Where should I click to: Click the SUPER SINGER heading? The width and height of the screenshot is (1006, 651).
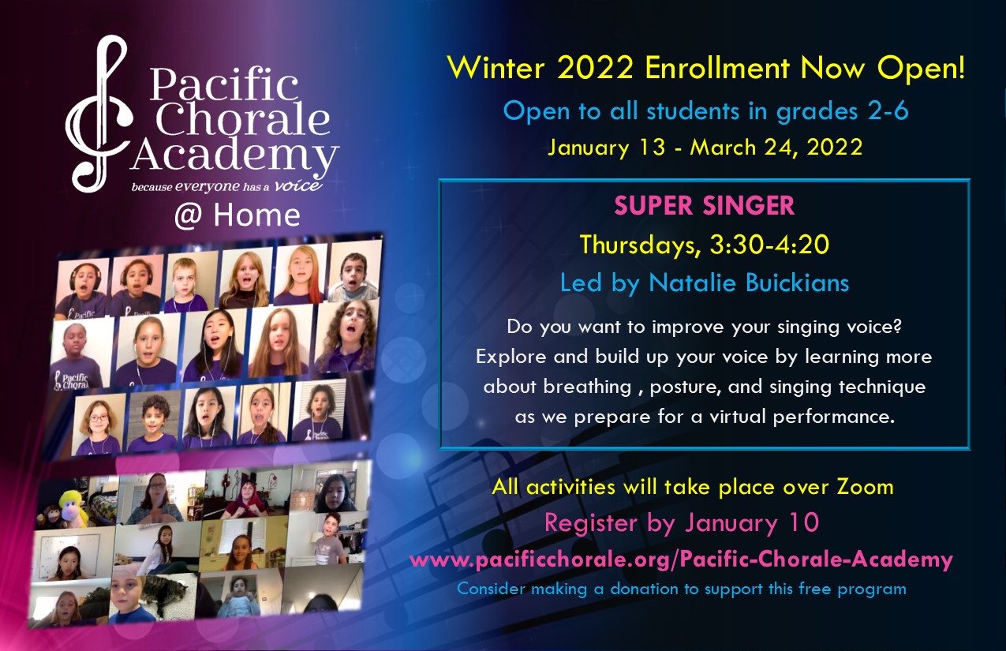pyautogui.click(x=704, y=205)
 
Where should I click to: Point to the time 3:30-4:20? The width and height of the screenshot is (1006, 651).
pyautogui.click(x=769, y=245)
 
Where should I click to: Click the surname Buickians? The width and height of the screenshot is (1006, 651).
pyautogui.click(x=797, y=283)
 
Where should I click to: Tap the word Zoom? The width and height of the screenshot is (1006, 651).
pyautogui.click(x=865, y=487)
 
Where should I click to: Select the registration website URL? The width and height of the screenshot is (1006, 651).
pyautogui.click(x=681, y=559)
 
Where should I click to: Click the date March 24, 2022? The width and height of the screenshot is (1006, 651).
pyautogui.click(x=776, y=148)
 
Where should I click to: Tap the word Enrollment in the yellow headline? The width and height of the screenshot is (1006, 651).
pyautogui.click(x=717, y=69)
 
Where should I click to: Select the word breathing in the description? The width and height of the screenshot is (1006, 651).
pyautogui.click(x=588, y=387)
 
